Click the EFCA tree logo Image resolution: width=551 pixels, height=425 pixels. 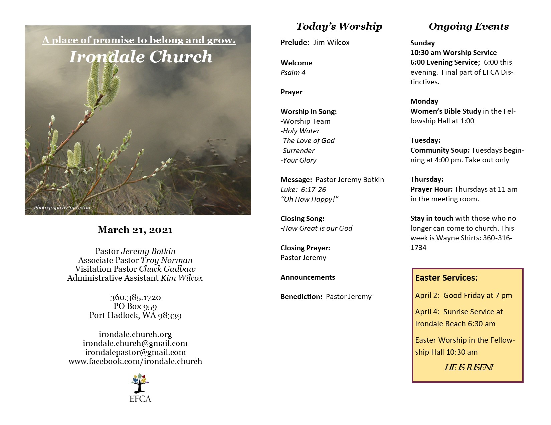point(140,384)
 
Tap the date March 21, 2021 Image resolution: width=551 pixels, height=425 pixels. point(135,230)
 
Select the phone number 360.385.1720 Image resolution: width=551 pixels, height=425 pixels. point(135,297)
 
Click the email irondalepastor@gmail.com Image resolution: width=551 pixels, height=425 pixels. point(135,352)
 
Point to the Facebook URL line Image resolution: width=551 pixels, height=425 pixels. point(135,361)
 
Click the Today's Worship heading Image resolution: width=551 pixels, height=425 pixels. point(339,26)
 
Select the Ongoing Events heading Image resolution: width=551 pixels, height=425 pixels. point(469,26)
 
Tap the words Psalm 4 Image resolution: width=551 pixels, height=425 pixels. point(293,73)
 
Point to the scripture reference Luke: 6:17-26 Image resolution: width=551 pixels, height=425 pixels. point(303,190)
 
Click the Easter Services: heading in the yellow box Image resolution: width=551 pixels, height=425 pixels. point(446,278)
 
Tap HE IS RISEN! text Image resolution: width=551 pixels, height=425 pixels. point(468,368)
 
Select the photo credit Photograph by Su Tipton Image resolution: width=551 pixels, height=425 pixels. point(62,208)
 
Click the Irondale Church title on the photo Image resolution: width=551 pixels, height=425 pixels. point(140,57)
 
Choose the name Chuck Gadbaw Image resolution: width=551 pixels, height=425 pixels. point(167,269)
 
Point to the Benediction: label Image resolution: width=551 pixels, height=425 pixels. point(301,297)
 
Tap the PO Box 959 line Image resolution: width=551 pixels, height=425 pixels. point(135,306)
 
